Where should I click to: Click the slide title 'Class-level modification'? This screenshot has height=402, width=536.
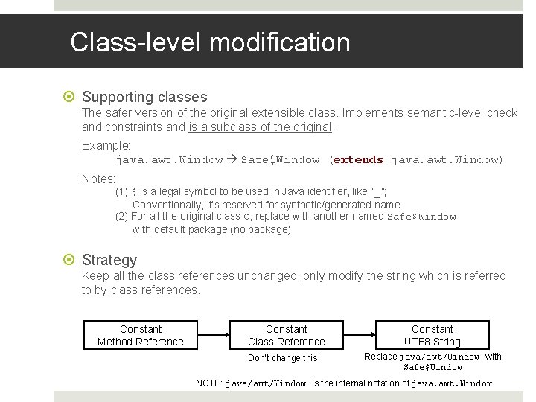[x=210, y=42]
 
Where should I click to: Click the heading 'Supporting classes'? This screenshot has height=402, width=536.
[x=144, y=97]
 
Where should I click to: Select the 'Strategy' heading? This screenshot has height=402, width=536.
[x=109, y=260]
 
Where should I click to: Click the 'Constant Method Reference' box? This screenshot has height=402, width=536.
[x=141, y=335]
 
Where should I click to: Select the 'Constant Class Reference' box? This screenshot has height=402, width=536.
[x=287, y=335]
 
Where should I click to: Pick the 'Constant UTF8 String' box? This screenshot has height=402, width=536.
[x=433, y=335]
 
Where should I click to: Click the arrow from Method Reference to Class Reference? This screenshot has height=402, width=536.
[x=214, y=335]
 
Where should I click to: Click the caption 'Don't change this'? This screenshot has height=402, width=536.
[x=283, y=358]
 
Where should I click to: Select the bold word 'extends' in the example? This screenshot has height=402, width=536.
[x=359, y=159]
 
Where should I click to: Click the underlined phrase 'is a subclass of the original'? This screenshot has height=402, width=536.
[x=260, y=127]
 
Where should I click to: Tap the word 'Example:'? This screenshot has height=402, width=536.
[x=106, y=145]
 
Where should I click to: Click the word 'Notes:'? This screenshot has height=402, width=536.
[x=98, y=179]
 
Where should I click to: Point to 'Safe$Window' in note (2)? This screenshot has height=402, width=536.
[x=421, y=217]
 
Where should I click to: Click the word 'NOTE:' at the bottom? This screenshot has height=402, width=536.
[x=208, y=383]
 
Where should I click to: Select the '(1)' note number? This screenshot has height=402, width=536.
[x=121, y=191]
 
